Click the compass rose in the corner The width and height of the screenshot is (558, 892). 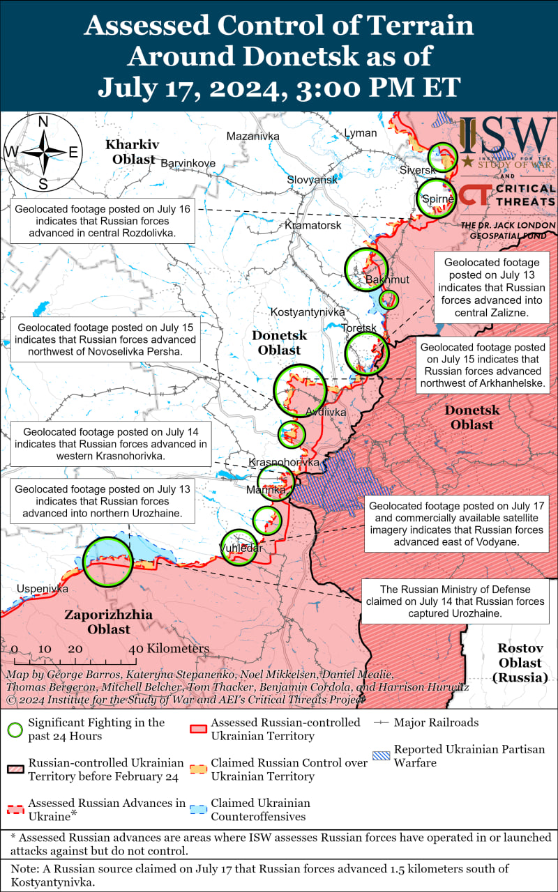tap(43, 153)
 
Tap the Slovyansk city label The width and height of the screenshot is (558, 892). tap(312, 180)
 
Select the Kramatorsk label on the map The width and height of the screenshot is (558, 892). tap(313, 226)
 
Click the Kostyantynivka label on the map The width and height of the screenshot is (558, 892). tap(308, 312)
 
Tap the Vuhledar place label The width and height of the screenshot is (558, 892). tap(241, 548)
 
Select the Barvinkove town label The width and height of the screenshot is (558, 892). tap(188, 163)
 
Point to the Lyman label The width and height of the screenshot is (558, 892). tap(361, 133)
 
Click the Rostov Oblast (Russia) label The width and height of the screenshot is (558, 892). tap(520, 661)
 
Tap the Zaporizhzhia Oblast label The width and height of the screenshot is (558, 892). tap(98, 622)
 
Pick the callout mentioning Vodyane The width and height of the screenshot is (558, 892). tap(456, 523)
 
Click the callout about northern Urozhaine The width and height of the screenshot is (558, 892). tap(103, 501)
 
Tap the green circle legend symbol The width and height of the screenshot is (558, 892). tap(14, 730)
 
